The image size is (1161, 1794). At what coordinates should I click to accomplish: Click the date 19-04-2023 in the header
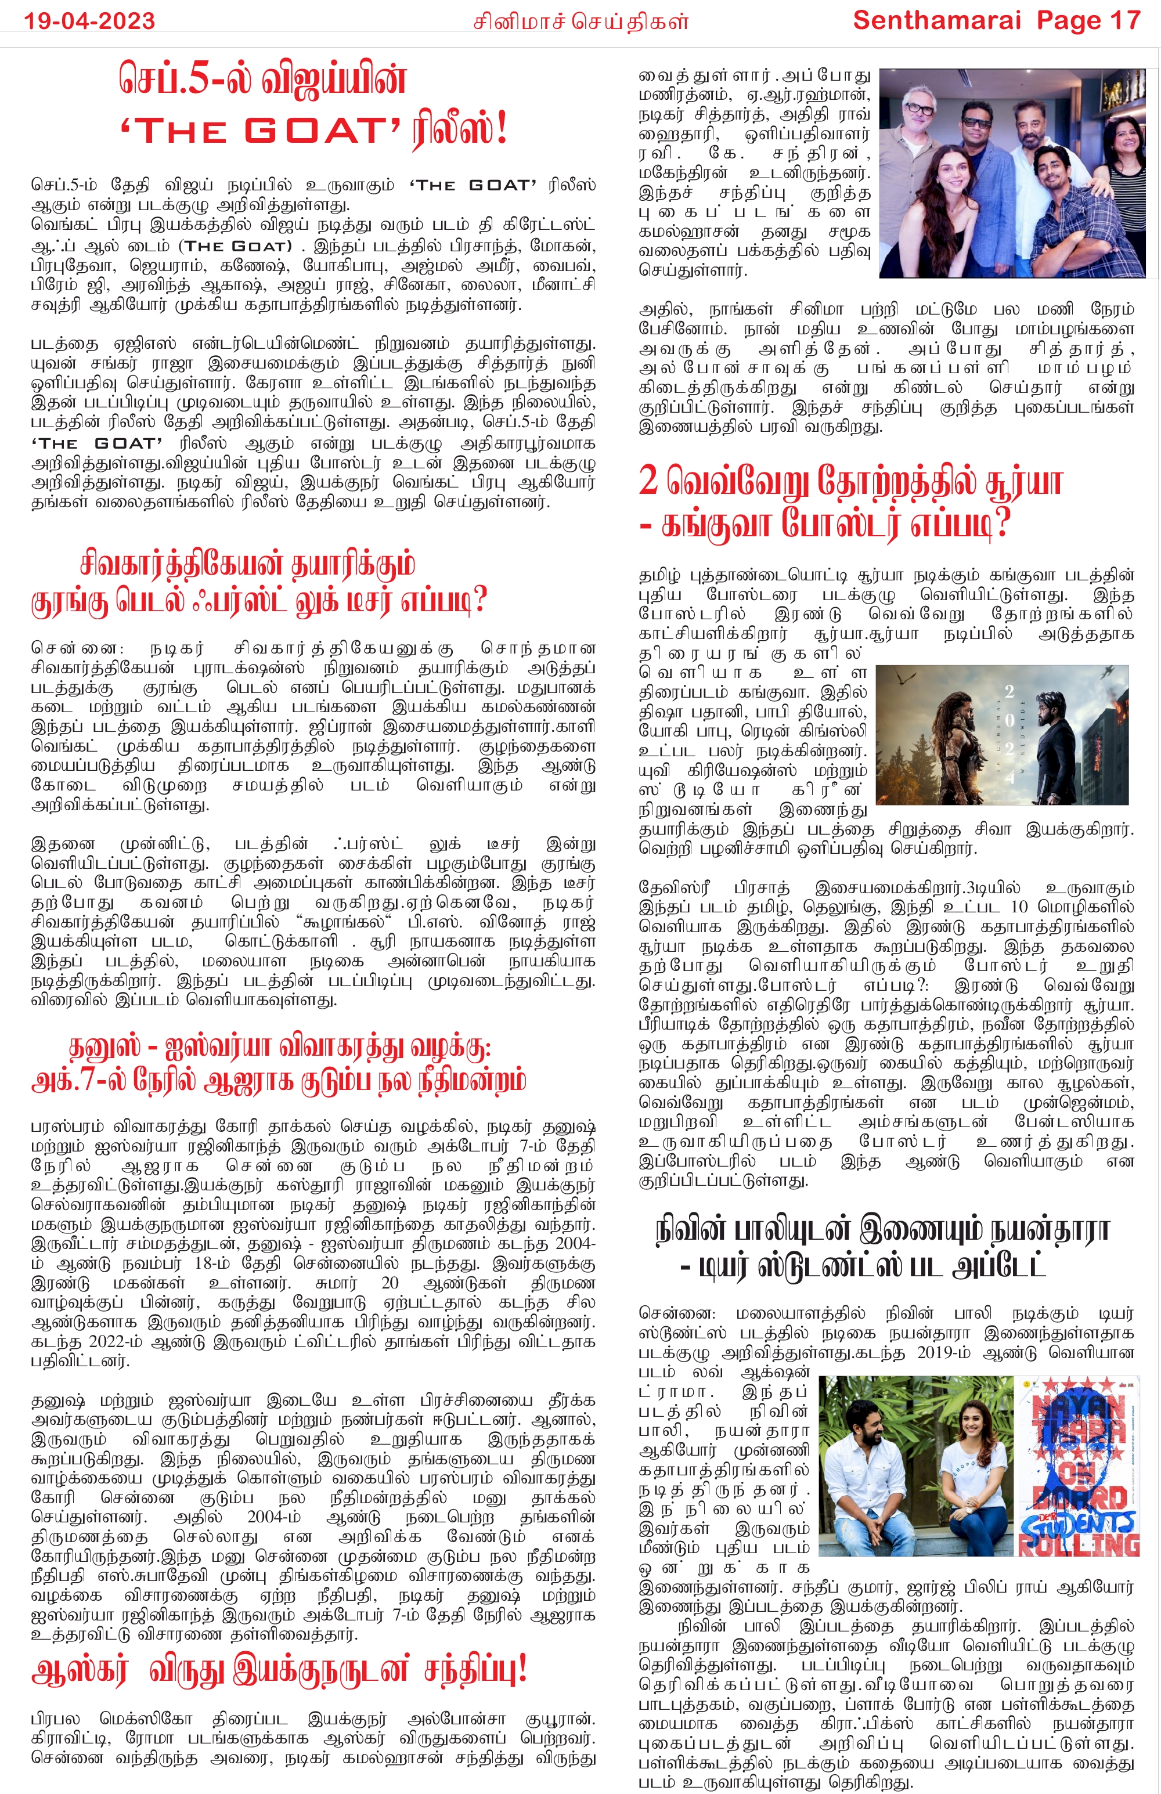(89, 20)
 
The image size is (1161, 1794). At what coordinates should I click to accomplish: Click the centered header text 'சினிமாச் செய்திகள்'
(580, 21)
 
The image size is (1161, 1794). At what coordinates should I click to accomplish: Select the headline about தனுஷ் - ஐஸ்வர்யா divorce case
(279, 1064)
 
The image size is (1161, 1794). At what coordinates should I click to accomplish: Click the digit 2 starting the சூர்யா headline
(648, 481)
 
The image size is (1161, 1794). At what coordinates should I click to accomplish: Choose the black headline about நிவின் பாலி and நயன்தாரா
(882, 1249)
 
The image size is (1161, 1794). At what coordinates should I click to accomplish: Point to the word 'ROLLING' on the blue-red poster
(1078, 1544)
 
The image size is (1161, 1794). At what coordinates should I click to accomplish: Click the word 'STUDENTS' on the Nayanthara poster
(1078, 1522)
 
